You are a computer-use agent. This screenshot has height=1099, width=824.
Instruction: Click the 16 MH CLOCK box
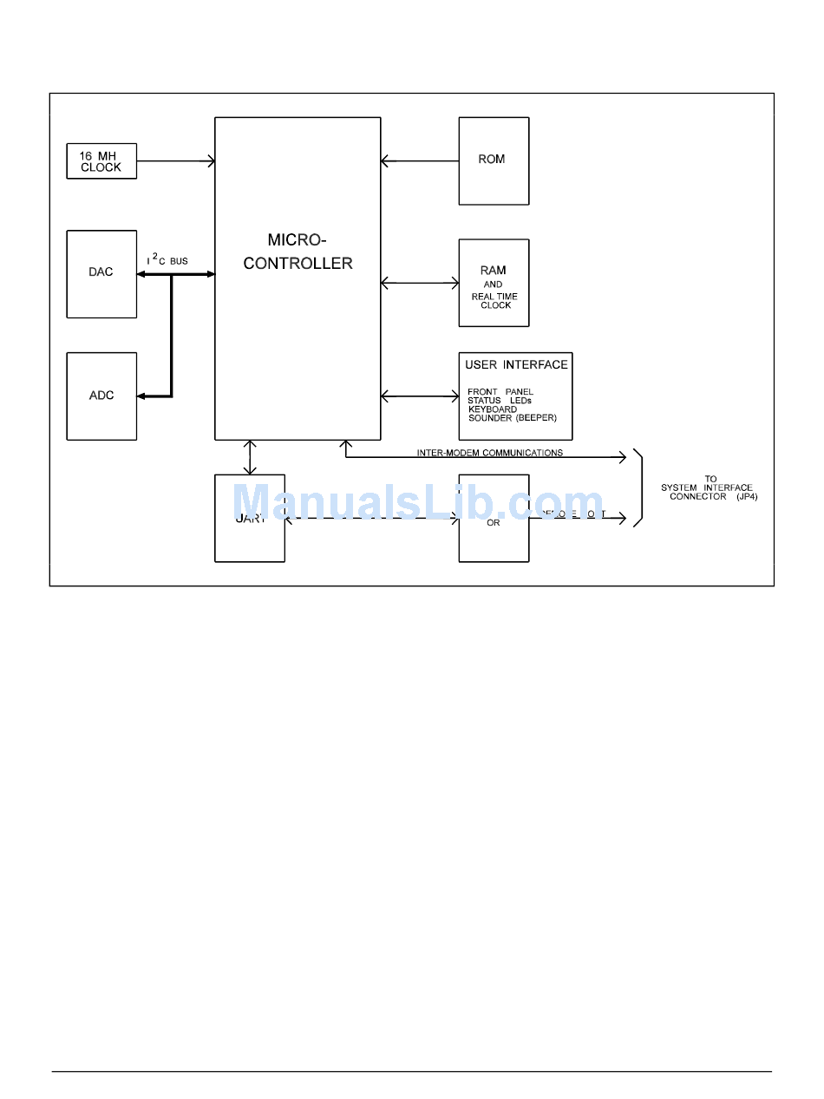click(101, 161)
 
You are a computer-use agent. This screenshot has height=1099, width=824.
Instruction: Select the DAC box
click(101, 273)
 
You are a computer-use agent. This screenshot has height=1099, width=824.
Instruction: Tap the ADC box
click(101, 396)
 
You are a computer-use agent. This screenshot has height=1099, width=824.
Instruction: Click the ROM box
click(494, 161)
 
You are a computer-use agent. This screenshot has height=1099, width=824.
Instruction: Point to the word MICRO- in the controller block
click(297, 240)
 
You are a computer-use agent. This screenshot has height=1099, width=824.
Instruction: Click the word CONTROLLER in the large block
click(298, 264)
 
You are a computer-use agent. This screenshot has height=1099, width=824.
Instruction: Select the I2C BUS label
click(167, 260)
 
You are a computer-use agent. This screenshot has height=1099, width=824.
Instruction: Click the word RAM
click(493, 271)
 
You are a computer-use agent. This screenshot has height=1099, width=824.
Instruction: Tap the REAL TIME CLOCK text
click(494, 301)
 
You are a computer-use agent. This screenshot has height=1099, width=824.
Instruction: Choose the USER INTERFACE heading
click(516, 365)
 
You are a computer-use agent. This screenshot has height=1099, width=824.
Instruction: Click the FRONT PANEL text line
click(500, 392)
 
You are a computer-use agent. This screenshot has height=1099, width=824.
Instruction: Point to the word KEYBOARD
click(492, 409)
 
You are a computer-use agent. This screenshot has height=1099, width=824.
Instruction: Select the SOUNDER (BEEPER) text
click(512, 418)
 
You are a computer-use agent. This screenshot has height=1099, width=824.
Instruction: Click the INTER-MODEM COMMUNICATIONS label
click(489, 453)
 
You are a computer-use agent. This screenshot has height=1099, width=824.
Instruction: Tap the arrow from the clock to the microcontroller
click(175, 160)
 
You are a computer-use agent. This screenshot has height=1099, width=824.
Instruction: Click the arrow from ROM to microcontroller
click(419, 160)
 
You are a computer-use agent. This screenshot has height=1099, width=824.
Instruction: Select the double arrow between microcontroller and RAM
click(419, 283)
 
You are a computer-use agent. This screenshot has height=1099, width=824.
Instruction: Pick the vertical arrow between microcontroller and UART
click(250, 457)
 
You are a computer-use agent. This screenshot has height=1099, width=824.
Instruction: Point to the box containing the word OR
click(494, 519)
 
